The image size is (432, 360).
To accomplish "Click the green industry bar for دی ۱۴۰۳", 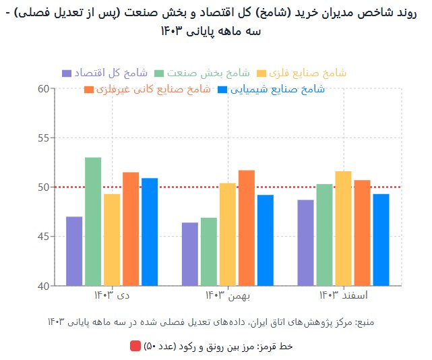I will pos(93,221).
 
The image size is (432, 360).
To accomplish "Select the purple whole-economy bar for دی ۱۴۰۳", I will pos(74,251).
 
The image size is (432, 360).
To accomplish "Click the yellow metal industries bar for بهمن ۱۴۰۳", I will pos(228,234).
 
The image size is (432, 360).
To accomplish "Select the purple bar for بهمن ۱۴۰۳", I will pos(190,254).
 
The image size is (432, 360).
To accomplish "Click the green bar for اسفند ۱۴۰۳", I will pos(324,235).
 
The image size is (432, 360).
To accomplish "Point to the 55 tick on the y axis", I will pos(44,138).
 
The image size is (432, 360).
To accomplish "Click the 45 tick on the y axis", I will pos(44,237).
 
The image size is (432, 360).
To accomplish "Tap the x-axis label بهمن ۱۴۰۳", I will pos(228,295).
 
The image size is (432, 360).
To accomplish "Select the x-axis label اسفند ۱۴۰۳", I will pos(343,295).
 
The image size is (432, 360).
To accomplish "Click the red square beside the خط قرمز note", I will pos(135,346).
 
